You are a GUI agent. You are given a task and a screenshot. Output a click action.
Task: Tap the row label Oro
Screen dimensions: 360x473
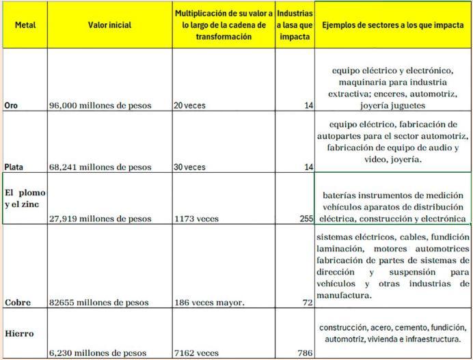[x=12, y=106]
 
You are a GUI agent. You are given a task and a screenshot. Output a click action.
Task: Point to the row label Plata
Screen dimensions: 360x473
[x=14, y=167]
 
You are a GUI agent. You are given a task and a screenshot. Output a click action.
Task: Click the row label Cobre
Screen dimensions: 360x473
[x=17, y=302]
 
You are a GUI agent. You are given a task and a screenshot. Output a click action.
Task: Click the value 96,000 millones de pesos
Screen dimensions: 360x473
[x=100, y=106]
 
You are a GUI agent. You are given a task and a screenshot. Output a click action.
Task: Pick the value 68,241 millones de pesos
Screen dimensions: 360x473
[x=100, y=167]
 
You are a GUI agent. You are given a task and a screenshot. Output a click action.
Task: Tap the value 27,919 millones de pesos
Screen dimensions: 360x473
[x=100, y=219]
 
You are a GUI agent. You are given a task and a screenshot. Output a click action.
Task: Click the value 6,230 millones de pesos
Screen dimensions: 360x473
[x=97, y=353]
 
